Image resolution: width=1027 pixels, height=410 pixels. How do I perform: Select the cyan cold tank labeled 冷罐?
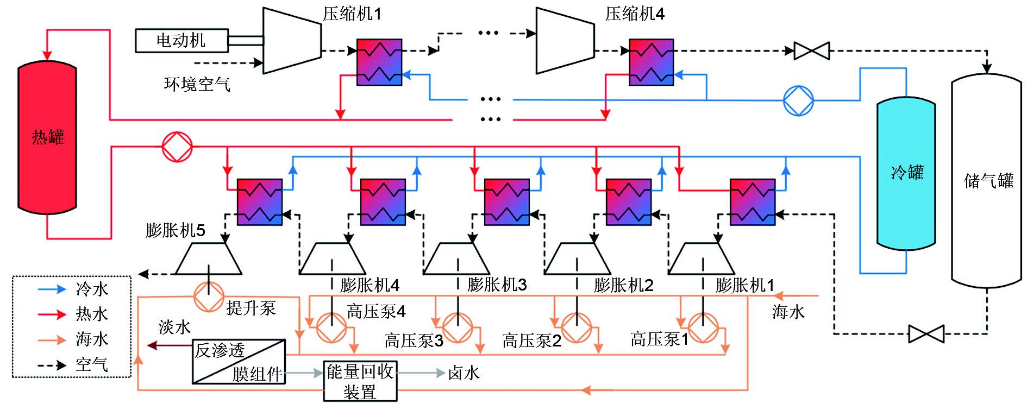tap(906, 174)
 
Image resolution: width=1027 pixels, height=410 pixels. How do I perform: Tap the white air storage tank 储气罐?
tap(986, 180)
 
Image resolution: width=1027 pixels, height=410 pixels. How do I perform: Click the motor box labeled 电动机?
tap(181, 41)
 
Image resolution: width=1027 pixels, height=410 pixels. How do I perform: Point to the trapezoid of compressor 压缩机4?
tap(565, 40)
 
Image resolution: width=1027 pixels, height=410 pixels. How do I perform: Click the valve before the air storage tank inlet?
tap(812, 51)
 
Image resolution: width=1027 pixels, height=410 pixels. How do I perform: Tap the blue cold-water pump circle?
tap(798, 100)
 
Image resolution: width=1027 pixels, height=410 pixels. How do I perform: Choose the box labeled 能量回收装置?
tap(360, 381)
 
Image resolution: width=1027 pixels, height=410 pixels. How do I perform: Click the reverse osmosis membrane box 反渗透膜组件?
tap(239, 362)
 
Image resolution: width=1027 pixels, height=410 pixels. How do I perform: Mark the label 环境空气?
tap(197, 84)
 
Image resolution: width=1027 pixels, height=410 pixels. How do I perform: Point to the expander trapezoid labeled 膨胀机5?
tap(209, 259)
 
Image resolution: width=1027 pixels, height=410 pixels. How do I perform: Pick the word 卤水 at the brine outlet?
tap(464, 373)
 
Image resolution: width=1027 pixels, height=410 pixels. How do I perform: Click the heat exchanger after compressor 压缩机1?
tap(379, 62)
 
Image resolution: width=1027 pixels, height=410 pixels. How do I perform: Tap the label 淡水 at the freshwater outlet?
tap(174, 327)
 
